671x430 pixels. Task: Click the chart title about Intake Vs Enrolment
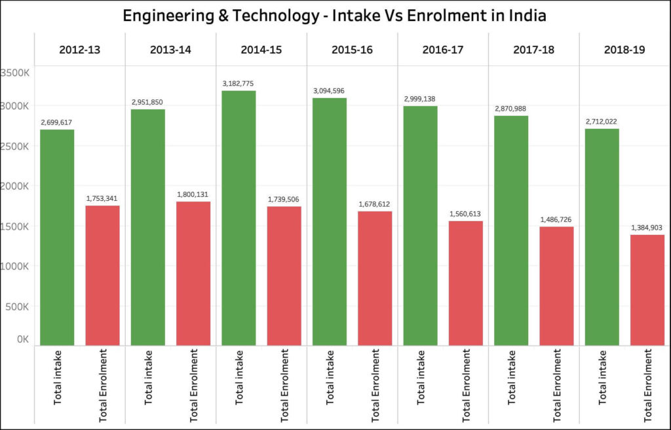[x=335, y=15]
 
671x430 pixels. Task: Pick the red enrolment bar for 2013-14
[x=193, y=273]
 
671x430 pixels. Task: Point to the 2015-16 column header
[x=352, y=49]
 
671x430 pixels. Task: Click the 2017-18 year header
[x=533, y=49]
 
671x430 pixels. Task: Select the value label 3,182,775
[x=239, y=84]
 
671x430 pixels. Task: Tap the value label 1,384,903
[x=647, y=227]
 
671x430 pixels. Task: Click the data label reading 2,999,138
[x=420, y=99]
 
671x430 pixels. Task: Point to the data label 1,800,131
[x=193, y=194]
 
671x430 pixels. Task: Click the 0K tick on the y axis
[x=22, y=339]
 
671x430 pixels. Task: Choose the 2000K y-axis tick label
[x=14, y=186]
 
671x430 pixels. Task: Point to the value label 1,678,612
[x=375, y=204]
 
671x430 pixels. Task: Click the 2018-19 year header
[x=624, y=49]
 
